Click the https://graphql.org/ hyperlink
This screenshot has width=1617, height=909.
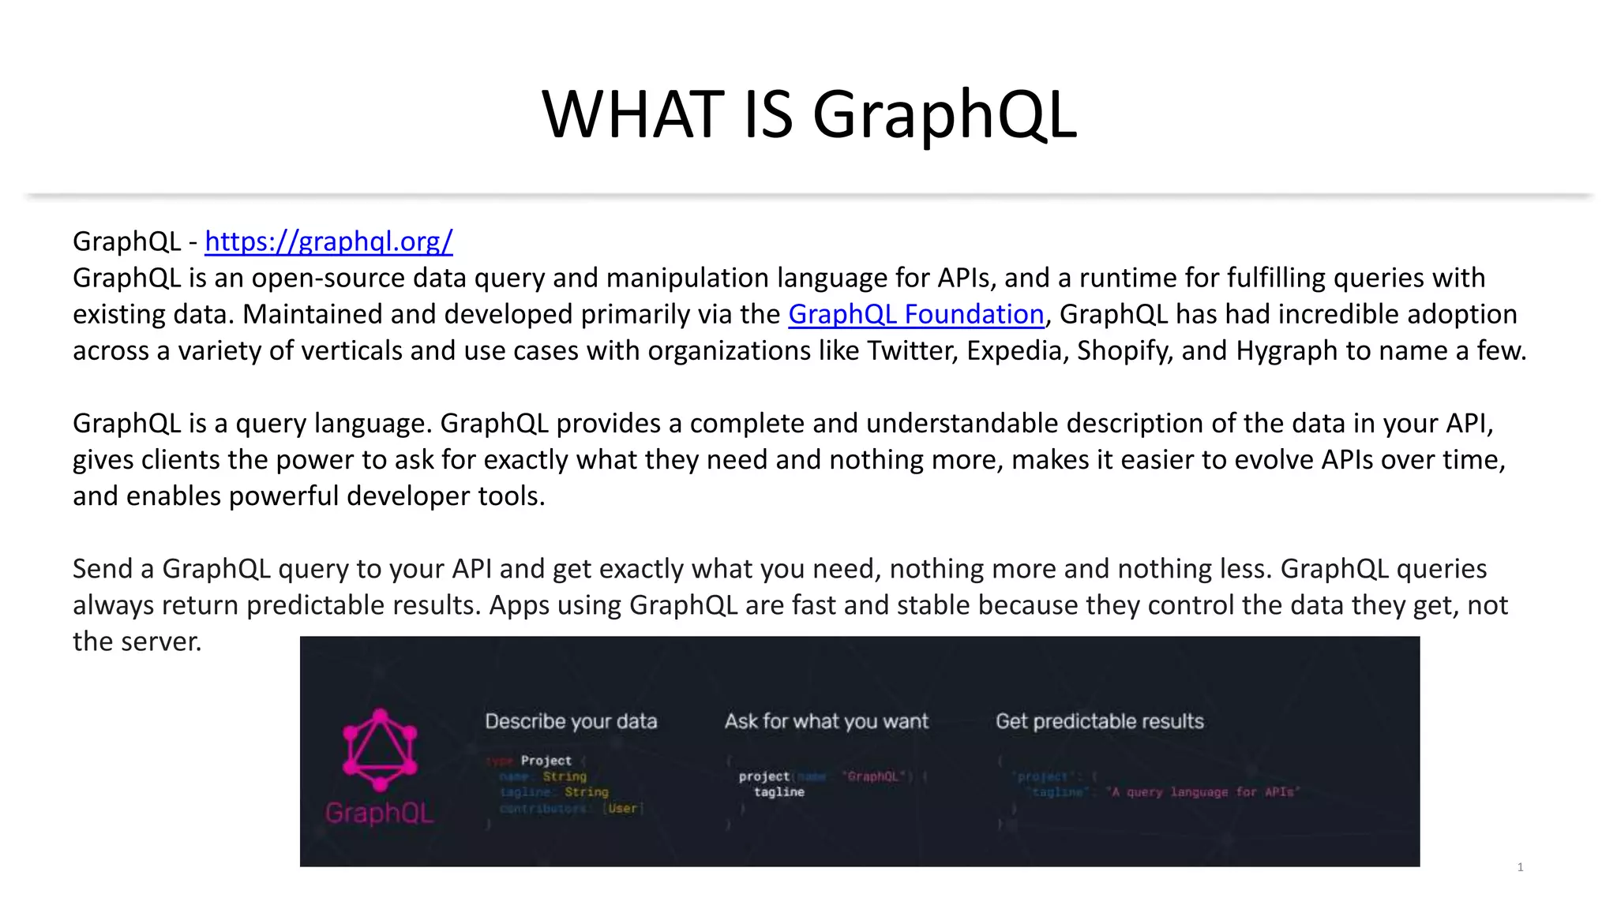[x=328, y=241]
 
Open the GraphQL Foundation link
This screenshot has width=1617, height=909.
[x=916, y=314]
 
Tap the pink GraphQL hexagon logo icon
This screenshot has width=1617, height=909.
[x=380, y=750]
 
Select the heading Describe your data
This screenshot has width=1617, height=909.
[x=571, y=721]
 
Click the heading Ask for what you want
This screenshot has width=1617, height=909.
[x=827, y=721]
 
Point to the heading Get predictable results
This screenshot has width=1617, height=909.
[x=1100, y=721]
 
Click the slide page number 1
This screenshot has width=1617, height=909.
[x=1520, y=867]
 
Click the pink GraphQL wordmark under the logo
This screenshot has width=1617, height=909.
[x=380, y=813]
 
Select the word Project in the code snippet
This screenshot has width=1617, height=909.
[x=546, y=761]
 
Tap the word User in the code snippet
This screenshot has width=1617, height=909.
[x=622, y=808]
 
